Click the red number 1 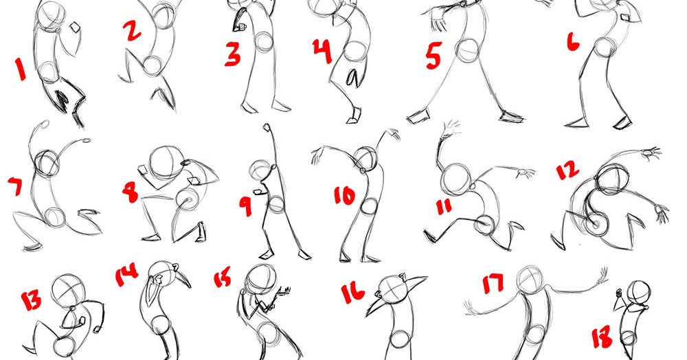point(20,69)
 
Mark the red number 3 point(233,54)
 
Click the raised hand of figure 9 point(267,128)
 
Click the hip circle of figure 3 point(264,42)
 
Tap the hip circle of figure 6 point(605,47)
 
